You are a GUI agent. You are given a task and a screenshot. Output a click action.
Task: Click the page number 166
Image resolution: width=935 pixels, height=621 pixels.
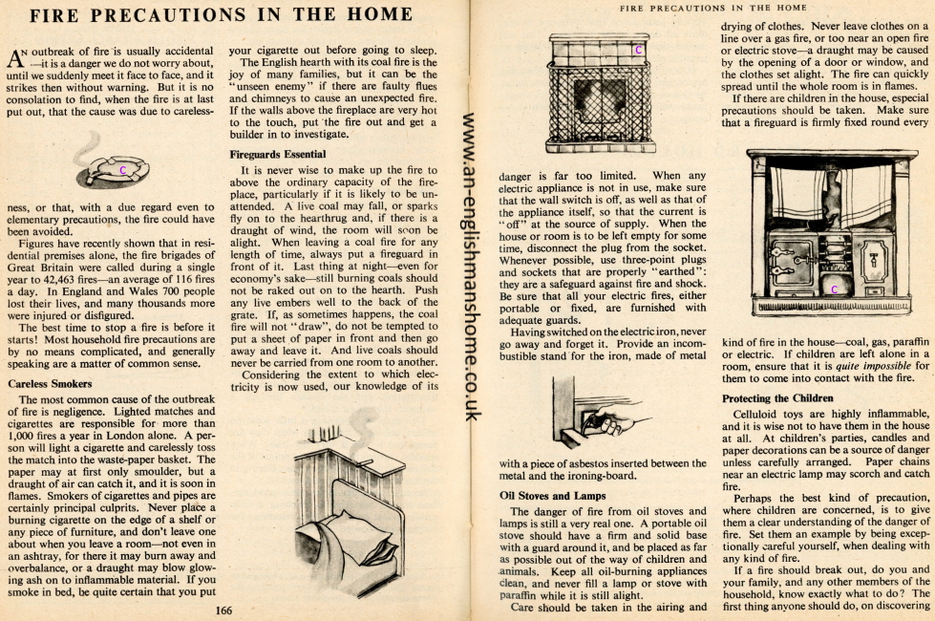point(225,610)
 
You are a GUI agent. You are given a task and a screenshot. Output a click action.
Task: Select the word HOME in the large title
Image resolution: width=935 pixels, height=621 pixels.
point(376,15)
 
